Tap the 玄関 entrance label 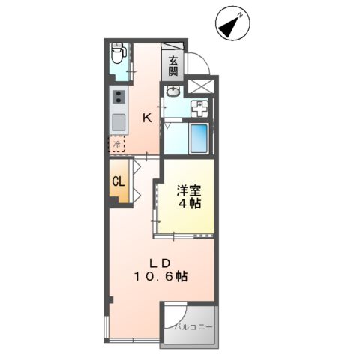[173, 66]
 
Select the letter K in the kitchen [148, 118]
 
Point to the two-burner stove [118, 97]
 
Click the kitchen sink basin [118, 121]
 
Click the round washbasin [173, 92]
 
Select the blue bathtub [199, 137]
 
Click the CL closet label [118, 181]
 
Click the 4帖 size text [190, 203]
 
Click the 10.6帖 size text [161, 276]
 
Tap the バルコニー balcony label [194, 328]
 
